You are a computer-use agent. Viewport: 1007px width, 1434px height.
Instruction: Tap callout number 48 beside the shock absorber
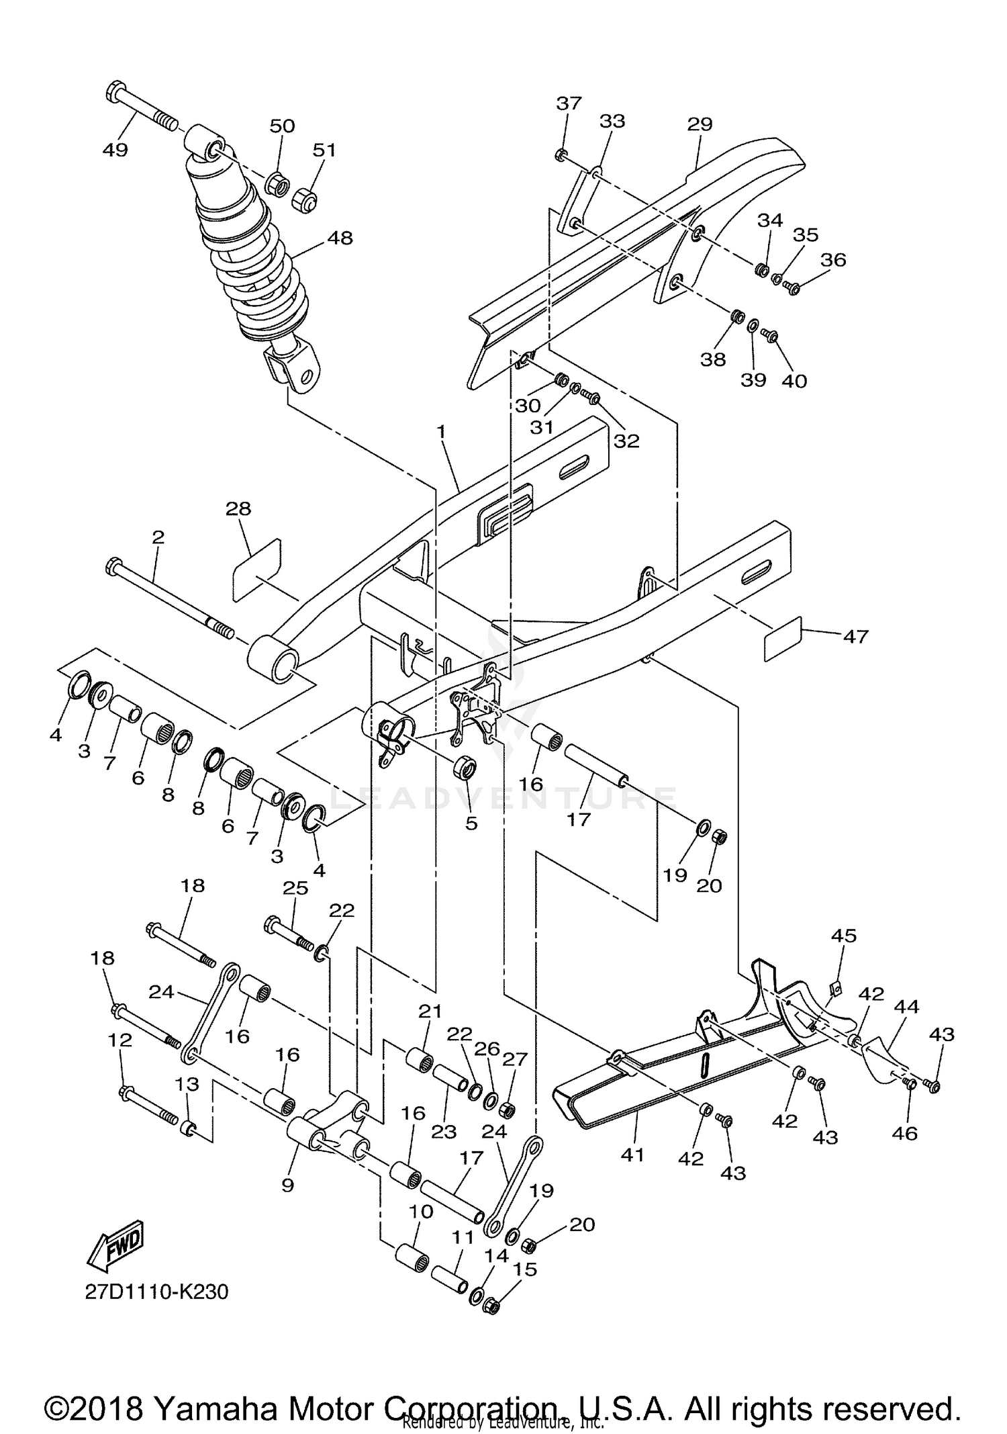(340, 238)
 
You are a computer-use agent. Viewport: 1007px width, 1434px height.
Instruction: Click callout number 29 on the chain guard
(700, 124)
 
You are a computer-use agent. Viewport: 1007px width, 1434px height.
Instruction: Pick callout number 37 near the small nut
(569, 103)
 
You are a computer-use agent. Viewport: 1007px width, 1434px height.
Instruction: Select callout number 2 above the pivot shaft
(158, 537)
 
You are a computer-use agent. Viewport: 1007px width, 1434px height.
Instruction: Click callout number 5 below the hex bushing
(471, 823)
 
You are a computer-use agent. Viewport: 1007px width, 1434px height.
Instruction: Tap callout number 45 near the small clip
(844, 935)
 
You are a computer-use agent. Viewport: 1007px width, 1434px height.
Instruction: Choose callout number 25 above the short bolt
(295, 888)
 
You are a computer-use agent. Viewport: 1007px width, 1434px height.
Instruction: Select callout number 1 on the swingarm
(441, 431)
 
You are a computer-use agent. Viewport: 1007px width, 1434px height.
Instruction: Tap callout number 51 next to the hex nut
(324, 149)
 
